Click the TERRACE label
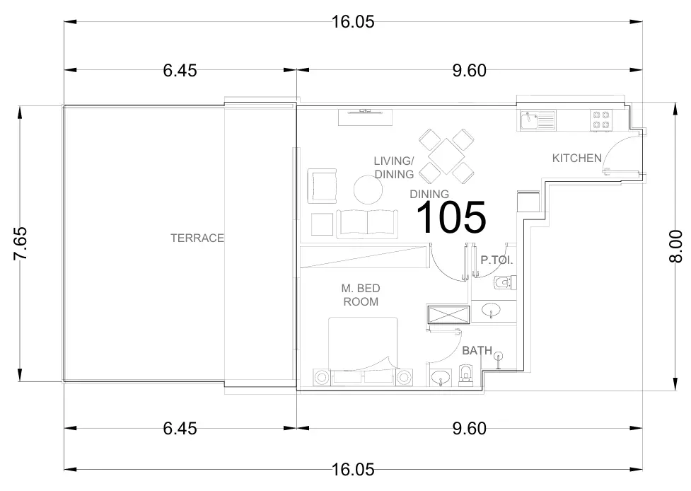197,238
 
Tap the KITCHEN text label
576,158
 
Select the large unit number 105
451,217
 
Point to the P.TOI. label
497,260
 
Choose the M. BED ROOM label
361,295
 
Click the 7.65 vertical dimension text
21,243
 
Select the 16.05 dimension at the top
352,21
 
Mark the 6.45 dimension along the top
180,70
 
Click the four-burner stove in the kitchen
601,120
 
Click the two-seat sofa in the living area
366,224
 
